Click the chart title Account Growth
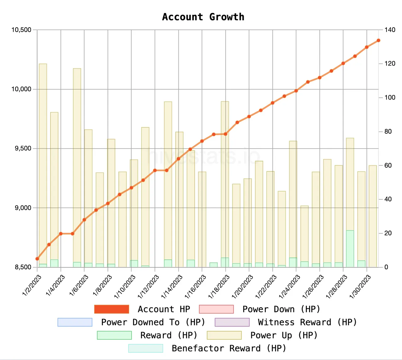(203, 17)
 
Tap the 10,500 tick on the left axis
(21, 30)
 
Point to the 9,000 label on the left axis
(23, 208)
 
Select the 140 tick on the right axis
(390, 30)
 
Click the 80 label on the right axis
(388, 131)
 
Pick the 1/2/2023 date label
(32, 285)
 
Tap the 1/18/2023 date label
(219, 287)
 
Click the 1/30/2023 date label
(360, 287)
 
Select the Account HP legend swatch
(111, 309)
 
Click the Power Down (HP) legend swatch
(216, 309)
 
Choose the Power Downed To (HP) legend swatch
(75, 322)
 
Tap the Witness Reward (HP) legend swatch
(232, 322)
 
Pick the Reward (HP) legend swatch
(114, 336)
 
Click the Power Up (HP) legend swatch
(224, 336)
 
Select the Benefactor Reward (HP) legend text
(229, 348)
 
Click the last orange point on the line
(378, 40)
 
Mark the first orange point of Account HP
(37, 259)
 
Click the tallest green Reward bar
(350, 249)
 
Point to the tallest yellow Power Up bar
(43, 165)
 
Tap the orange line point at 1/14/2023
(178, 159)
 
